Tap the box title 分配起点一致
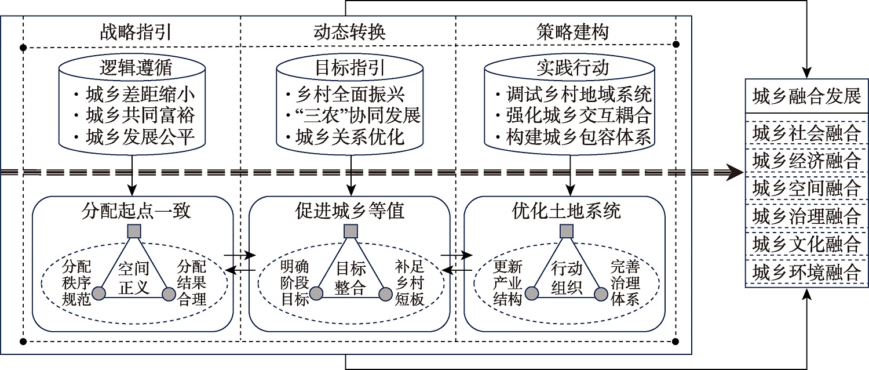pyautogui.click(x=133, y=211)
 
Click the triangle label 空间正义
pyautogui.click(x=134, y=277)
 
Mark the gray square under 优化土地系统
pyautogui.click(x=567, y=231)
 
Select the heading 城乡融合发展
pyautogui.click(x=806, y=96)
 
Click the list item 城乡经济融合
pyautogui.click(x=806, y=161)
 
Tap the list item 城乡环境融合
pyautogui.click(x=806, y=272)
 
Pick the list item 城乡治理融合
pyautogui.click(x=806, y=216)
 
